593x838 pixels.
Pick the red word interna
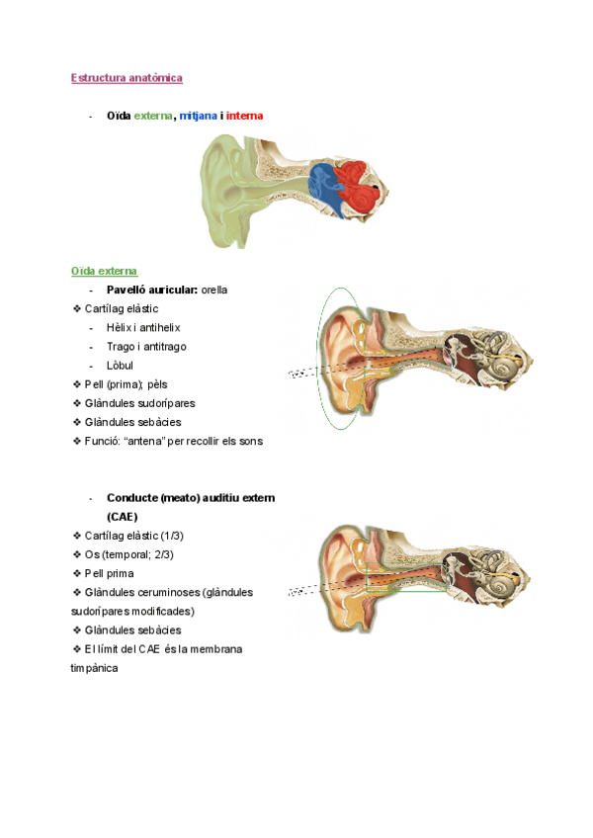[244, 116]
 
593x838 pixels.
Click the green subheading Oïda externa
[104, 270]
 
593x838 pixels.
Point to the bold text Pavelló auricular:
[152, 290]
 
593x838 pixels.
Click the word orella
[214, 290]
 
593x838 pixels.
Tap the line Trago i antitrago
[146, 346]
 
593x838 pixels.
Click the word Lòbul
[121, 365]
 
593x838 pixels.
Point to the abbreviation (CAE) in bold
[123, 516]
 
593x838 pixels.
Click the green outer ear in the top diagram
[225, 193]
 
